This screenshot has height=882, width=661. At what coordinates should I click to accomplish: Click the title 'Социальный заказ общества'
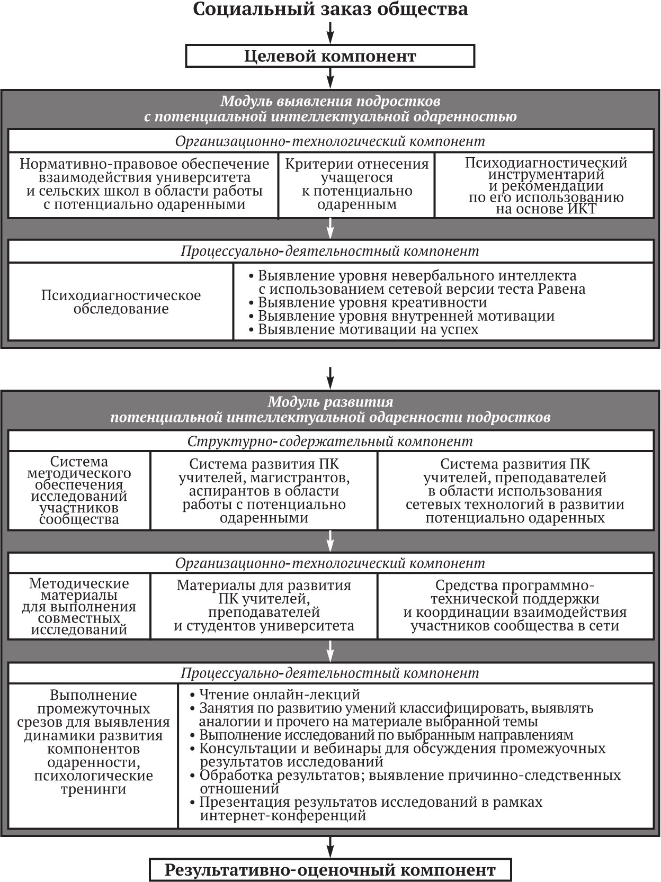330,10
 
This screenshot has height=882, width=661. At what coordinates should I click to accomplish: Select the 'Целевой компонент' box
330,56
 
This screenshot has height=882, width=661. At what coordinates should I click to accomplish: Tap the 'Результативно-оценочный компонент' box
330,870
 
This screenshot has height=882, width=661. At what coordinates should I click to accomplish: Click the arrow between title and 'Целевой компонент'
330,33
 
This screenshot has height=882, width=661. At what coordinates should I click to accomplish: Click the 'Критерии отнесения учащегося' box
356,185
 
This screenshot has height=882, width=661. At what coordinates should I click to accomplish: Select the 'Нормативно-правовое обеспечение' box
144,185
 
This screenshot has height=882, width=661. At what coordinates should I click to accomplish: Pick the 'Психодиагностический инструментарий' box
544,185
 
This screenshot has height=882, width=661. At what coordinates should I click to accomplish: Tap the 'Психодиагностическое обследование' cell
121,302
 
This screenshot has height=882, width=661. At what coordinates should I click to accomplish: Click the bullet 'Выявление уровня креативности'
372,302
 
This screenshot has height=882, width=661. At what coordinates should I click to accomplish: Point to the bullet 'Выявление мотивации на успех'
368,329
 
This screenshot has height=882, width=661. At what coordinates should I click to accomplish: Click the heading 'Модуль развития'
330,402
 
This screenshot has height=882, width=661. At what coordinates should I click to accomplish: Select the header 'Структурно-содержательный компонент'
330,441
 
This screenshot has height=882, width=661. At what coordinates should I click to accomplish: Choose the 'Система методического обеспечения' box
79,490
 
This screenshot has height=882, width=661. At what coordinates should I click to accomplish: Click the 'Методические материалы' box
79,606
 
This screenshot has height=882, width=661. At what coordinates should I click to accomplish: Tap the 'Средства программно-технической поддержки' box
515,606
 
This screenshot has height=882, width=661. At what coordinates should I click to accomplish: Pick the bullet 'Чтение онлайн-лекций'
279,694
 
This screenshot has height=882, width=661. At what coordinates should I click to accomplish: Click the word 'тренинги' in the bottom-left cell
93,789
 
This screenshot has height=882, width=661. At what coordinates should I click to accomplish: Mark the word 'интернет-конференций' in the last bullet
283,815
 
